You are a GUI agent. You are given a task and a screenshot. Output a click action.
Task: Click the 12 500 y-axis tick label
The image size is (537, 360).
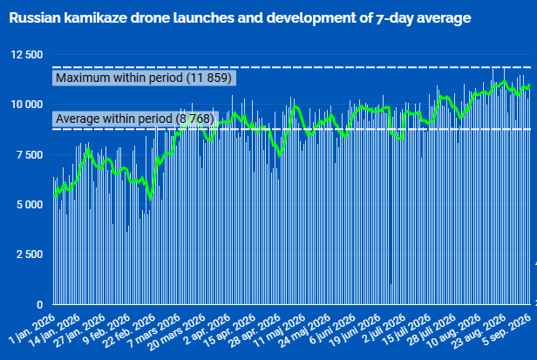click(27, 55)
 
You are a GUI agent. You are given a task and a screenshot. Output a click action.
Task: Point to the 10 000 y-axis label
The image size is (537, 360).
click(27, 105)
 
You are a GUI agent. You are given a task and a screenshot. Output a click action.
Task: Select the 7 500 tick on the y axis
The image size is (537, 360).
click(30, 154)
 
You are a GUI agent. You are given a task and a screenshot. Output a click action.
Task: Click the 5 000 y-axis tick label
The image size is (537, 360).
click(30, 205)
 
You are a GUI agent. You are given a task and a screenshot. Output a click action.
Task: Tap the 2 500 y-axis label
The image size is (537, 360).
click(30, 255)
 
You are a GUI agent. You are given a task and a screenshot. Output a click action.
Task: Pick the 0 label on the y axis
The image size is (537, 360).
click(40, 304)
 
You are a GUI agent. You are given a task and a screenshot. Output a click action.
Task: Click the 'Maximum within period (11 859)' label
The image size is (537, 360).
click(144, 78)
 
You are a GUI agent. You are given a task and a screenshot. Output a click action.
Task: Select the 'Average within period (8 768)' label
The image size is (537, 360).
click(135, 119)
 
